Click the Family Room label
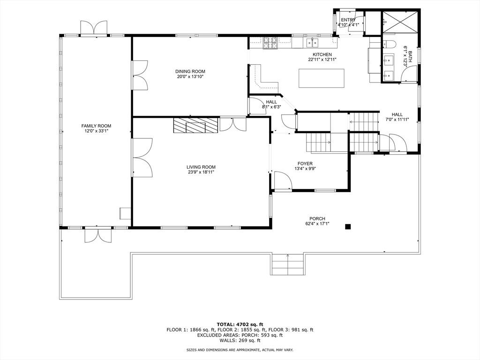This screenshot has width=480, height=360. coord(96,126)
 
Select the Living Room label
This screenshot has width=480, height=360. coord(201,167)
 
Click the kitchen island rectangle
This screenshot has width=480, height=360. coord(322,78)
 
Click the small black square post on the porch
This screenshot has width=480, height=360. coord(348,226)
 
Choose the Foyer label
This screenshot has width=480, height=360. coord(305,164)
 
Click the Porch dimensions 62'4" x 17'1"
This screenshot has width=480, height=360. coord(317,224)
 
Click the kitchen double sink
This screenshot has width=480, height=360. coord(312,43)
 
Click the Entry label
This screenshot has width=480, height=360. coord(348,20)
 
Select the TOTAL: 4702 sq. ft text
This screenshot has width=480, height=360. coord(240,324)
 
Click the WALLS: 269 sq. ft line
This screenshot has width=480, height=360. coord(240,340)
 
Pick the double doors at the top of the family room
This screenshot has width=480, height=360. coord(94,28)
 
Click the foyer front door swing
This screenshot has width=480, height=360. coord(283,180)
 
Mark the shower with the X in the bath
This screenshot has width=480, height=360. coord(399,22)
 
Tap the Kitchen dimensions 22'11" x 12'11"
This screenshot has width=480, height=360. coord(322,60)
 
